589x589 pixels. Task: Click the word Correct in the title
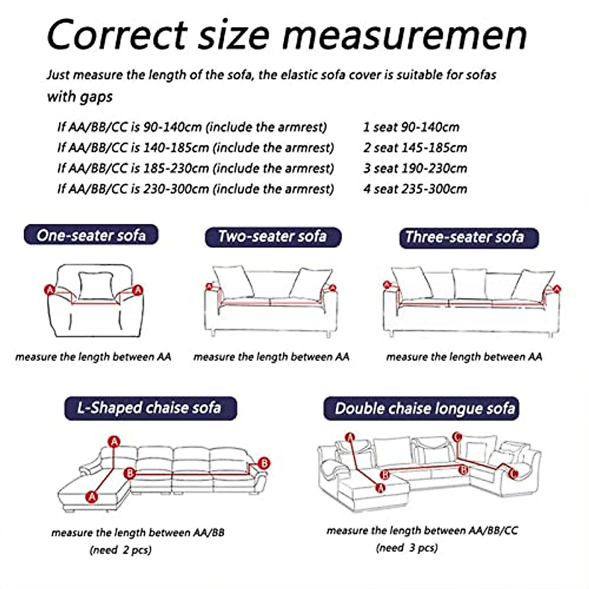point(117,34)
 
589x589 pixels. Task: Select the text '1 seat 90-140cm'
point(411,127)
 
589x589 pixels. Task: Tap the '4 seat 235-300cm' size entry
point(415,189)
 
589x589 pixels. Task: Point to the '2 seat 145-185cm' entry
point(415,148)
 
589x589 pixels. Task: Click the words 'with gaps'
point(80,96)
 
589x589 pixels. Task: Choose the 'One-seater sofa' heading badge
point(91,235)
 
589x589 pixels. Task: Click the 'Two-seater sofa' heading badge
point(272,237)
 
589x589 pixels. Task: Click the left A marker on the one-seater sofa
point(50,290)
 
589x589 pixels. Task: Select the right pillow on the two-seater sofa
point(310,283)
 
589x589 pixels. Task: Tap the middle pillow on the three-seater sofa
point(469,283)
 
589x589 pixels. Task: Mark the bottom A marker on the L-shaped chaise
point(91,497)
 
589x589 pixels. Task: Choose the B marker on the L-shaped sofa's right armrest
point(264,463)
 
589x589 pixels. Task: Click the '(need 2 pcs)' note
point(121,550)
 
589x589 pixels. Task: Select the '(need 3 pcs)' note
point(407,548)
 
